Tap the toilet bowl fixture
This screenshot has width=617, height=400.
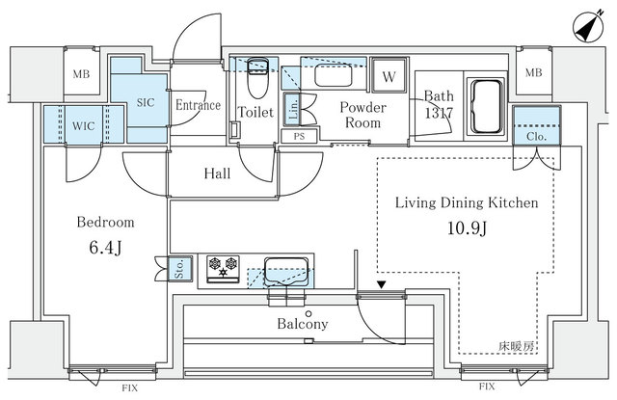pyautogui.click(x=257, y=79)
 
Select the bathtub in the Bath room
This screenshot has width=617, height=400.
pyautogui.click(x=487, y=107)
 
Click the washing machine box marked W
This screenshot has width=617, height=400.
pyautogui.click(x=389, y=75)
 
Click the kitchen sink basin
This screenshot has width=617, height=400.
pyautogui.click(x=286, y=272)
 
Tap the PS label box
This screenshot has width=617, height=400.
pyautogui.click(x=299, y=137)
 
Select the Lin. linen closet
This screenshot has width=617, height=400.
pyautogui.click(x=292, y=109)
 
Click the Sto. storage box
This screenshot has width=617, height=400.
pyautogui.click(x=180, y=269)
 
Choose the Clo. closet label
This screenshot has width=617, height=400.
pyautogui.click(x=536, y=137)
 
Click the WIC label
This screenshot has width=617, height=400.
pyautogui.click(x=84, y=126)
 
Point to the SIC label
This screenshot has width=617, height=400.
pyautogui.click(x=146, y=103)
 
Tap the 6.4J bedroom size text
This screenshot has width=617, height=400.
pyautogui.click(x=105, y=248)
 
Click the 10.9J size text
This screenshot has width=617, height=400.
pyautogui.click(x=468, y=227)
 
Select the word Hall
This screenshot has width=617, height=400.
pyautogui.click(x=217, y=173)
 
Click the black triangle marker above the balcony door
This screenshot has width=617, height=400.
pyautogui.click(x=382, y=284)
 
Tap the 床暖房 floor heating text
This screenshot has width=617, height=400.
pyautogui.click(x=517, y=347)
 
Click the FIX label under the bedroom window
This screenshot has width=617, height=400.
pyautogui.click(x=129, y=388)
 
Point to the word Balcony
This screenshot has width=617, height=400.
pyautogui.click(x=302, y=324)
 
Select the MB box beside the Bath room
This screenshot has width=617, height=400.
pyautogui.click(x=533, y=72)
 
